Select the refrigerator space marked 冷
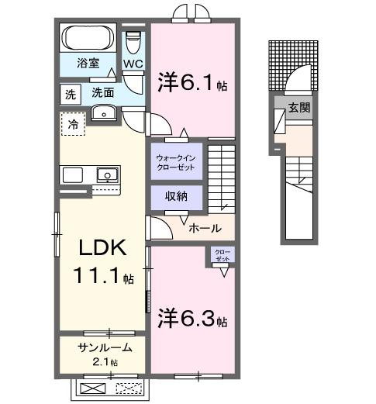pos(73,125)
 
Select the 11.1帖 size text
pos(102,277)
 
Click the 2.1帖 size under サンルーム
pos(103,361)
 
